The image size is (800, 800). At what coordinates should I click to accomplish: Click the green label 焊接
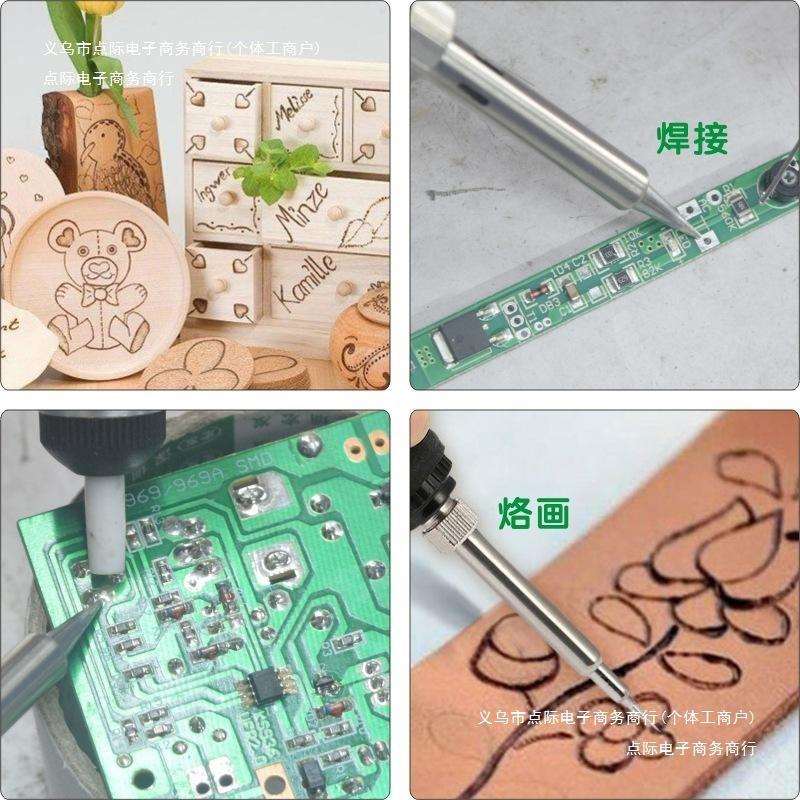(x=691, y=138)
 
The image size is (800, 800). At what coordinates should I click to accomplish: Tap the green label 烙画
(x=534, y=513)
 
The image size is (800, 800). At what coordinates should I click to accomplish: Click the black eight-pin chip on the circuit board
(x=265, y=689)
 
